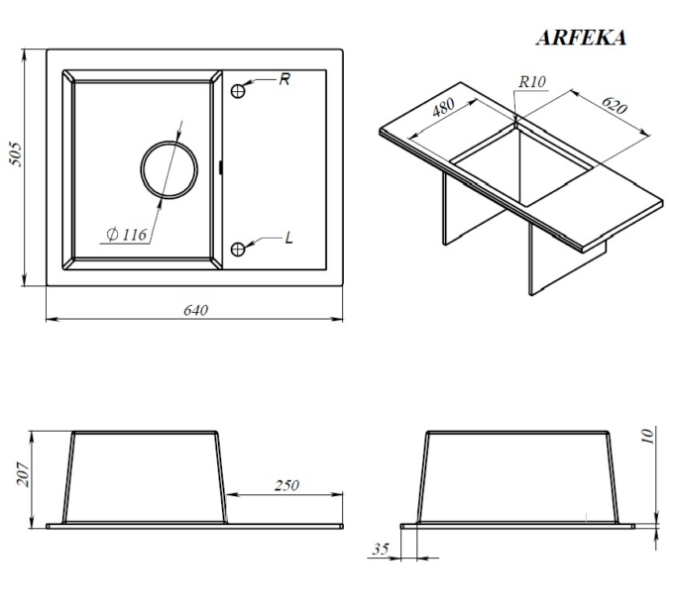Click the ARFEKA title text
tap(581, 38)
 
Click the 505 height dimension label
tap(16, 153)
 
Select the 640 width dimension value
tap(195, 310)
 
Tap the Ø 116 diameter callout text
tap(127, 235)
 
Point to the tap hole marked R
tap(238, 91)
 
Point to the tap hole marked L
tap(238, 250)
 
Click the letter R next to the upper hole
tap(284, 79)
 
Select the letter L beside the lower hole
tap(288, 238)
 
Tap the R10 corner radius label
tap(532, 81)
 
